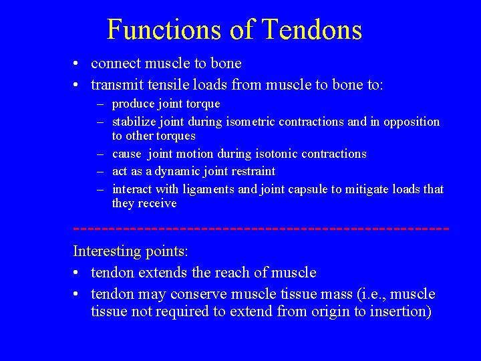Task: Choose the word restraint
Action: (x=251, y=172)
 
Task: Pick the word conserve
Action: (x=200, y=294)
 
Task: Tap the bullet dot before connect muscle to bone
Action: (x=78, y=64)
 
